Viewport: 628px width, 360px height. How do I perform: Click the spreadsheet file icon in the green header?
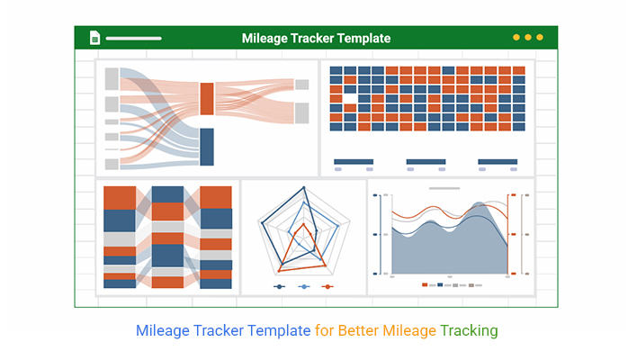[x=95, y=38]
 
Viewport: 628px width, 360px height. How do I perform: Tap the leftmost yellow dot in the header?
[x=516, y=37]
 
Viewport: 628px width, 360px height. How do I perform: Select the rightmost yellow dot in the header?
[x=540, y=37]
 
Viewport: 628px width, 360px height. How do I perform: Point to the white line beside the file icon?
[x=134, y=39]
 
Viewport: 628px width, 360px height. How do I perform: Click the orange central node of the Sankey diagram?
[x=207, y=98]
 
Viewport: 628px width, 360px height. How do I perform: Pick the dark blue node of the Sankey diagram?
[x=207, y=147]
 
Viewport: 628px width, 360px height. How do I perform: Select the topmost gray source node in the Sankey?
[x=112, y=79]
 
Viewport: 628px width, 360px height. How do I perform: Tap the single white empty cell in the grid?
[x=350, y=98]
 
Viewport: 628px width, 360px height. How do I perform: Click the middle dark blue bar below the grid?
[x=426, y=162]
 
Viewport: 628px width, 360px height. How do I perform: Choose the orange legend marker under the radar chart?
[x=327, y=287]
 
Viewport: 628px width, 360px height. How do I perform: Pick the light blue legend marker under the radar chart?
[x=304, y=287]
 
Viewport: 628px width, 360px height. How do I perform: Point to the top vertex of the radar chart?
[x=304, y=187]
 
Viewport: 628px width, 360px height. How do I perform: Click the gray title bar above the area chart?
[x=444, y=188]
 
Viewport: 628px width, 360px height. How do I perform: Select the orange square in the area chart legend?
[x=425, y=284]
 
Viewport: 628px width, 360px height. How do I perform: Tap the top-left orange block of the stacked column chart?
[x=120, y=198]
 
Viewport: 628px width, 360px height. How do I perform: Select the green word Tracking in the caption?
[x=469, y=331]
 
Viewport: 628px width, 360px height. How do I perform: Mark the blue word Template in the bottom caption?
[x=279, y=331]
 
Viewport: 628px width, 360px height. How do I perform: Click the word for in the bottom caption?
[x=324, y=331]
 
